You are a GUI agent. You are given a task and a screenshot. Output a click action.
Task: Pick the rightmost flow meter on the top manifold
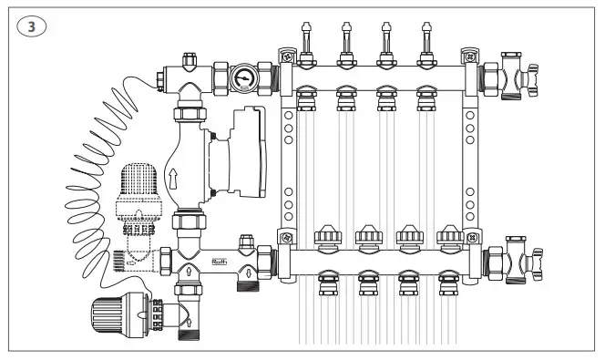tap(423, 45)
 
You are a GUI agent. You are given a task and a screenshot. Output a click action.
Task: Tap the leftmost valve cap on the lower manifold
tap(327, 239)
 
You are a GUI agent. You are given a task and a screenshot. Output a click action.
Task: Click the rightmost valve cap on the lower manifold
tap(450, 239)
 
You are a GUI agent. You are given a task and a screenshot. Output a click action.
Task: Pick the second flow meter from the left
tap(345, 45)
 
